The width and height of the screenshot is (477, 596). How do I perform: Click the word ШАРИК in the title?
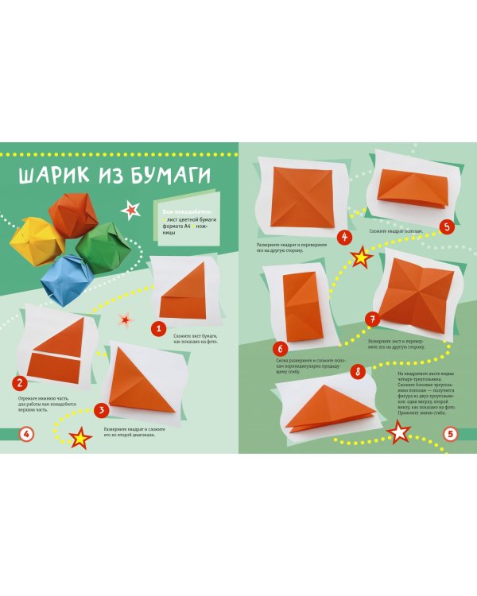click(59, 176)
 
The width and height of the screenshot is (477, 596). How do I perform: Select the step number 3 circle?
click(100, 410)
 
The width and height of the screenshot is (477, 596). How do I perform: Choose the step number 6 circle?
click(280, 348)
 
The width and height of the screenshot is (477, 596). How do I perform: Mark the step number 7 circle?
click(370, 319)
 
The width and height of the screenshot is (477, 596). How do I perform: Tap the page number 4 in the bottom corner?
click(26, 434)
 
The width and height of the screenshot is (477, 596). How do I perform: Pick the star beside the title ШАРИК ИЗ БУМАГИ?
click(131, 210)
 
